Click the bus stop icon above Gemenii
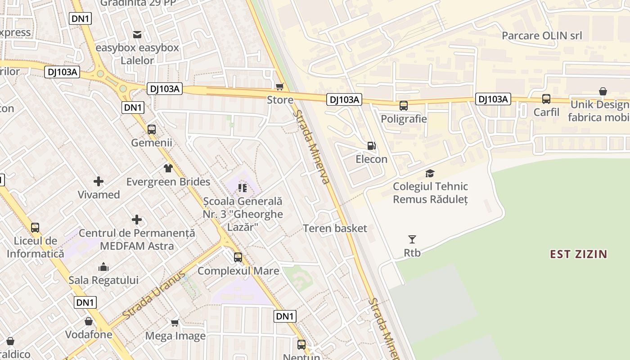[152, 130]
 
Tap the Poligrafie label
[404, 119]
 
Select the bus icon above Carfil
[546, 99]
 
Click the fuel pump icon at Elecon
[371, 146]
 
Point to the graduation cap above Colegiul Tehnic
[430, 173]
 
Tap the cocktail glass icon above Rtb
[412, 239]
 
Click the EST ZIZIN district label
[578, 254]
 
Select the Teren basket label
[335, 228]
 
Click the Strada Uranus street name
[154, 296]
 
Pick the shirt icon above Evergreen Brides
[168, 168]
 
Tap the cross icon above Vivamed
[99, 181]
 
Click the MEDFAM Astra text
[137, 246]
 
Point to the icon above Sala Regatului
[103, 267]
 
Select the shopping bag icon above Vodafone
[89, 321]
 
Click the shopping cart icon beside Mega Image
[175, 323]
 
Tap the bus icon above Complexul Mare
[238, 257]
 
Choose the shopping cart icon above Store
[280, 86]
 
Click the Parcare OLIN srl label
[542, 36]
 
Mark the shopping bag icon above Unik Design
[603, 91]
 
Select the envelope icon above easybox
[137, 34]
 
